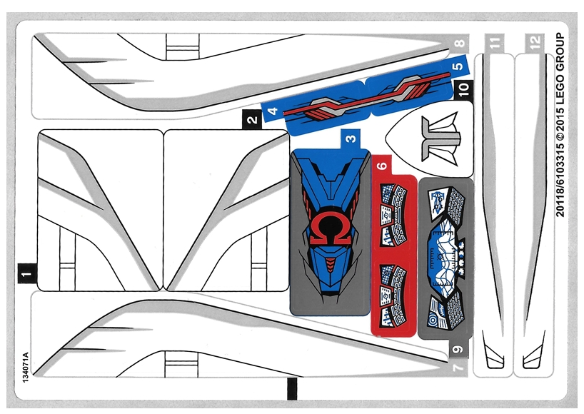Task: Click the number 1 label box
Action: tap(26, 272)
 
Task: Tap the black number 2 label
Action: tap(251, 118)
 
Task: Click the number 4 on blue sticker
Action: tap(272, 112)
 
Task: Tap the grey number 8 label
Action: tap(458, 43)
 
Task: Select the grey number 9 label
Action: tap(458, 349)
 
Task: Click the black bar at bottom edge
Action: tap(291, 392)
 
